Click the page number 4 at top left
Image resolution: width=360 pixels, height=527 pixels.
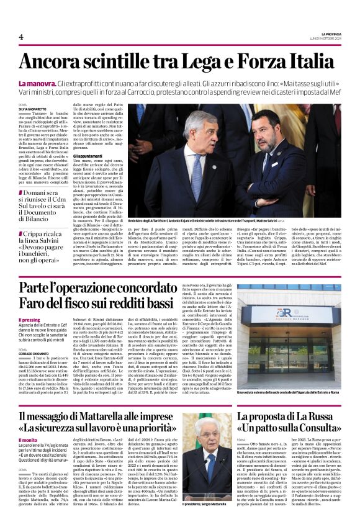coord(21,37)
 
